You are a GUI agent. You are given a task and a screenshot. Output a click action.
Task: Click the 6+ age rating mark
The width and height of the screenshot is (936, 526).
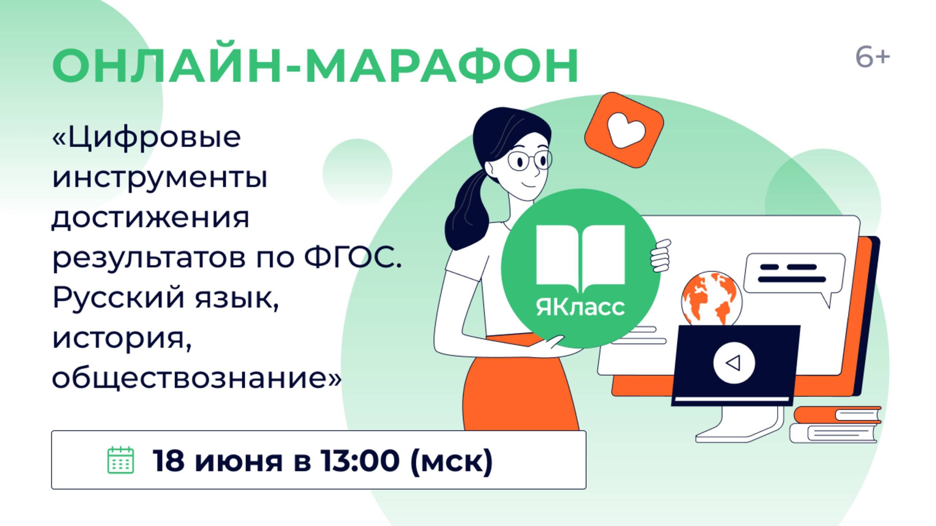click(x=872, y=58)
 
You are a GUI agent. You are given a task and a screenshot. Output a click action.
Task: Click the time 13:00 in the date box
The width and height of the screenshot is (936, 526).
click(x=360, y=461)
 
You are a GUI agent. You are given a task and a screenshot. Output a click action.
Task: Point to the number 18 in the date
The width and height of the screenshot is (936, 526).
click(x=169, y=461)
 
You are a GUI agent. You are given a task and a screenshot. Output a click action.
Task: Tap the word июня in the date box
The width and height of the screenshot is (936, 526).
click(x=238, y=464)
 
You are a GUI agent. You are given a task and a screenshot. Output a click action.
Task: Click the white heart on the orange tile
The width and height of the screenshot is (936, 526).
click(x=626, y=130)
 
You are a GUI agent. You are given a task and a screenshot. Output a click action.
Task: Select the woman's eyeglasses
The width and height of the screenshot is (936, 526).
click(x=529, y=161)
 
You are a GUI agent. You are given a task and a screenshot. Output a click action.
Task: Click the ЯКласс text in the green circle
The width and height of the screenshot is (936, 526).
click(x=580, y=307)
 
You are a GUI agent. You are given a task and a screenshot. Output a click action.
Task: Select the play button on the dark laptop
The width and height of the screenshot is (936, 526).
click(x=734, y=363)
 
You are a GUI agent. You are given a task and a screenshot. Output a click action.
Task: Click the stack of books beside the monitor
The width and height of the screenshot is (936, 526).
click(x=835, y=424)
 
